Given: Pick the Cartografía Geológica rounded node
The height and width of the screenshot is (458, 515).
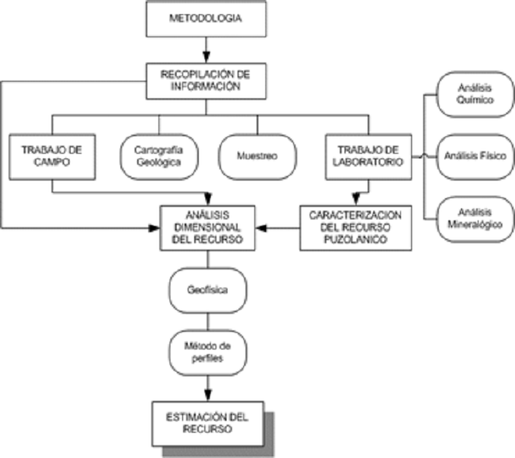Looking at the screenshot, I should click(x=158, y=155).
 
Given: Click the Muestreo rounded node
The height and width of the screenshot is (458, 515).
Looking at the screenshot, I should click(x=257, y=155).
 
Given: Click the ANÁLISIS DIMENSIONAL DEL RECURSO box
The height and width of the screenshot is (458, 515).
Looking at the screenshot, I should click(x=206, y=229).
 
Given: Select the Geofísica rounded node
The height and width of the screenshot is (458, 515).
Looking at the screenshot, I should click(x=208, y=290).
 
